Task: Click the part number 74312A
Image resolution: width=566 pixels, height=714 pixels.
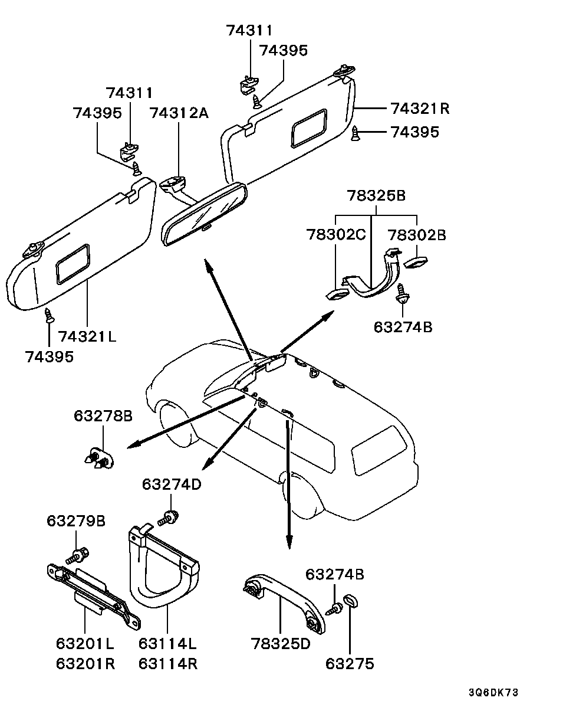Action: [x=179, y=113]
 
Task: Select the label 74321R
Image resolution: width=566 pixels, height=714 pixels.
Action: [x=420, y=109]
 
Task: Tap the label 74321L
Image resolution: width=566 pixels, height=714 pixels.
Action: [x=87, y=337]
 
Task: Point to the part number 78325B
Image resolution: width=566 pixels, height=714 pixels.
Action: [x=376, y=195]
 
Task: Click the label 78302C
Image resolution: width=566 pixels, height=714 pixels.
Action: [x=336, y=235]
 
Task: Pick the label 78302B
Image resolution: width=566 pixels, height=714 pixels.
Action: [x=417, y=235]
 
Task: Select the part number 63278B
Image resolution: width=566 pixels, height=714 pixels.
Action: [x=103, y=416]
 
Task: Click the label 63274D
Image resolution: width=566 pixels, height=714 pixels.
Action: [x=172, y=484]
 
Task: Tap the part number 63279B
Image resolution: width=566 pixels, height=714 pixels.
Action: [x=76, y=521]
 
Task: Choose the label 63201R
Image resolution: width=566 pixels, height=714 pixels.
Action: [x=85, y=664]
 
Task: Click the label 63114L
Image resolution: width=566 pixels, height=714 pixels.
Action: [x=167, y=644]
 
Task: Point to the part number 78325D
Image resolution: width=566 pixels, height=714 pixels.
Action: [x=281, y=644]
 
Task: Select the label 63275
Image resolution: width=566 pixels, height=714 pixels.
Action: [x=350, y=664]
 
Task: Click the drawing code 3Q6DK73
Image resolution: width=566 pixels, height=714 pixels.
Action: [x=493, y=693]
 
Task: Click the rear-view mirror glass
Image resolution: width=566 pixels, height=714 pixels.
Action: [x=204, y=215]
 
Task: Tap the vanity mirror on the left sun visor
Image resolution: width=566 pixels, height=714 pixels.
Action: [x=73, y=264]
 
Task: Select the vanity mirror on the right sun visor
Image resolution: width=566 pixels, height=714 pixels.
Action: [x=310, y=128]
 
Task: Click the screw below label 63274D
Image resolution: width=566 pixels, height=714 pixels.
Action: [x=168, y=519]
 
